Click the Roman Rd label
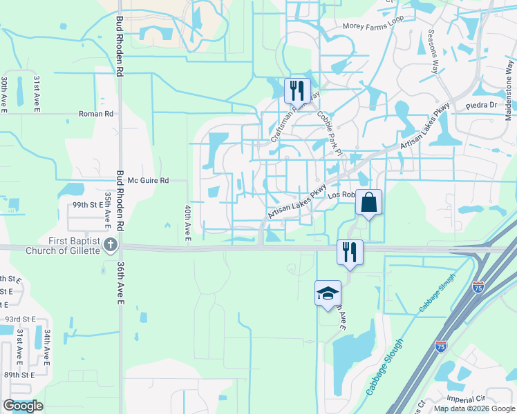pos(96,114)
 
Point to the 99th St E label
pos(86,206)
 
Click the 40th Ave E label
pos(187,224)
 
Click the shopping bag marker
pos(368,203)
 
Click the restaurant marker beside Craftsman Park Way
pos(297,90)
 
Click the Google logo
pos(23,406)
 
